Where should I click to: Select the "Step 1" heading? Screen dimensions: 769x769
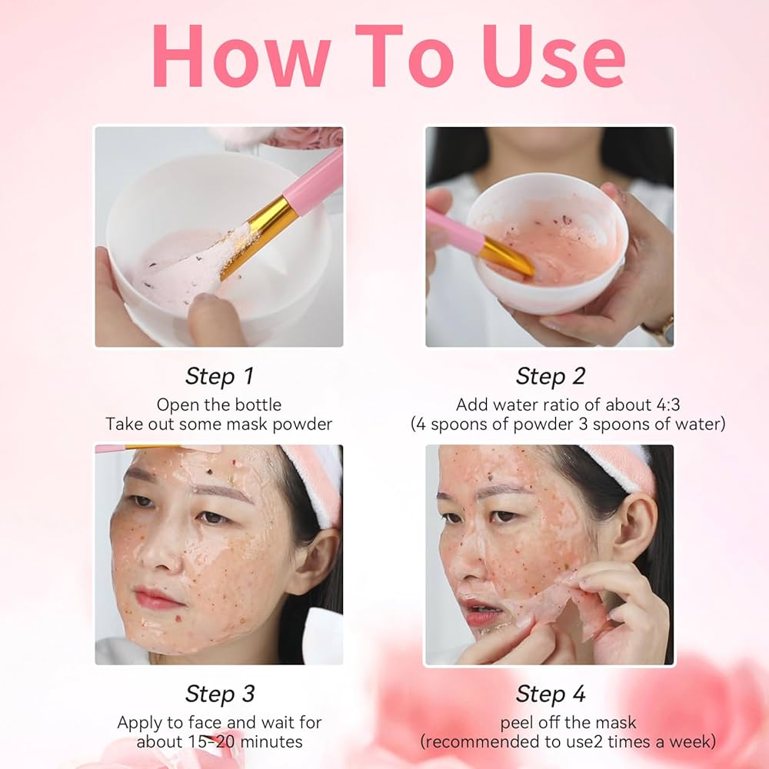pyautogui.click(x=219, y=376)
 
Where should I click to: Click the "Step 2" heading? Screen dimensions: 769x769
pyautogui.click(x=550, y=376)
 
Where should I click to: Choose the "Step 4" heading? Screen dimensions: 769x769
pyautogui.click(x=550, y=694)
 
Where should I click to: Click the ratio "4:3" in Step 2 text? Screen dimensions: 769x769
pyautogui.click(x=625, y=404)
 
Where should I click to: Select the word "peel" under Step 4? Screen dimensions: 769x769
pyautogui.click(x=519, y=723)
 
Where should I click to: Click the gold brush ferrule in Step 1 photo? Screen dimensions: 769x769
pyautogui.click(x=258, y=235)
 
